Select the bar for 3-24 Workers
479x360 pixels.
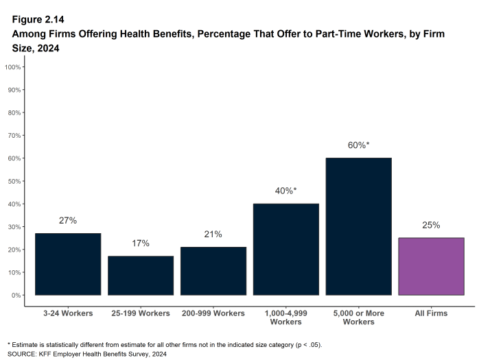pos(68,264)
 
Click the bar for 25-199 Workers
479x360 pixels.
pos(141,276)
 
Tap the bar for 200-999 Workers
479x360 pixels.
pos(213,271)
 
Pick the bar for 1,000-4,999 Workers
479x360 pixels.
pos(286,250)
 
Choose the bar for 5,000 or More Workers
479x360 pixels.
pos(359,226)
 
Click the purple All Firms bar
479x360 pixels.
pos(431,266)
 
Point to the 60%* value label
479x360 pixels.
pos(359,145)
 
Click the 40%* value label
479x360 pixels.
pos(286,191)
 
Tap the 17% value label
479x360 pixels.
pos(141,243)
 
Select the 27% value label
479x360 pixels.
pos(68,221)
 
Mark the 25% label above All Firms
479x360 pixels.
pos(431,225)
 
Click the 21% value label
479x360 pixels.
pos(213,235)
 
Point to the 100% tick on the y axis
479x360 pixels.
pos(13,67)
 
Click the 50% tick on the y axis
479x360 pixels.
pos(14,181)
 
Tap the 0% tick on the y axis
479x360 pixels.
pos(16,295)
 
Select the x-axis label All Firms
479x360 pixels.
pos(431,313)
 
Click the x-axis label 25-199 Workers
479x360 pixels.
pos(141,313)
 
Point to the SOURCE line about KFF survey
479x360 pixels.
pos(86,354)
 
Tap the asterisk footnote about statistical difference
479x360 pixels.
pos(164,344)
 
